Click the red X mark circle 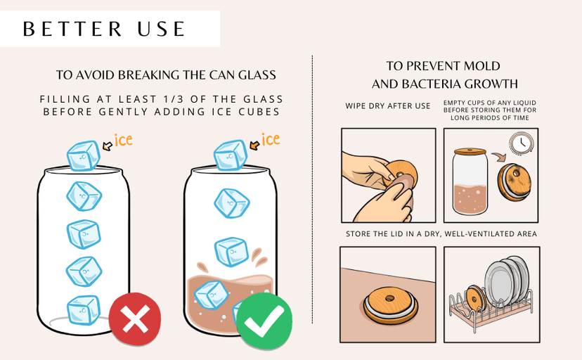tap(135, 319)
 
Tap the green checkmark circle tap(264, 321)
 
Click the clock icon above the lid tap(521, 143)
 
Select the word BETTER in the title tap(72, 29)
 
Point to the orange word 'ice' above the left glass tap(123, 140)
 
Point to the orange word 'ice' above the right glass tap(271, 139)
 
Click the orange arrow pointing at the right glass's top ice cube tap(254, 145)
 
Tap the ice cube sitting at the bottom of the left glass tap(84, 310)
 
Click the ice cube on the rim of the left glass tap(84, 155)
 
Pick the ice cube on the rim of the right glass tap(230, 155)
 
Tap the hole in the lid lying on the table tap(389, 298)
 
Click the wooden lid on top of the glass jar tap(470, 151)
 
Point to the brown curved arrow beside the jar tap(500, 156)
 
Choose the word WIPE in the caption tap(355, 106)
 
